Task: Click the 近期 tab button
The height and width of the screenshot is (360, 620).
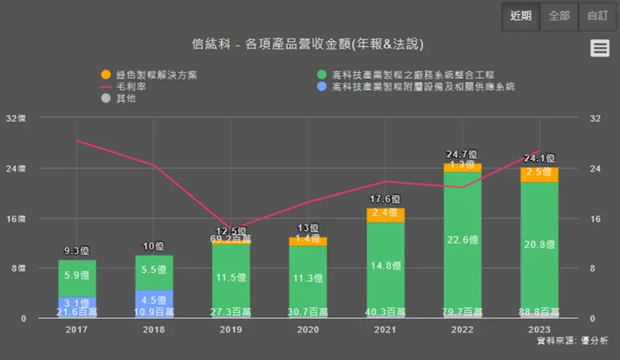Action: click(520, 15)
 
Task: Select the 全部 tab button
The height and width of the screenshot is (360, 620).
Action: click(559, 15)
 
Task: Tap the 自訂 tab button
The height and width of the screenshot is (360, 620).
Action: click(597, 15)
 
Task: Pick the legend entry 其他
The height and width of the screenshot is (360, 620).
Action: click(124, 99)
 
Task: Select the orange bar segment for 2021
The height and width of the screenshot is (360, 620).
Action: click(385, 214)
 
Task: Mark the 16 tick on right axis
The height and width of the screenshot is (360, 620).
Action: click(596, 219)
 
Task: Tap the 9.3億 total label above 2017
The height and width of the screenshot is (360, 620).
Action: click(77, 250)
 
